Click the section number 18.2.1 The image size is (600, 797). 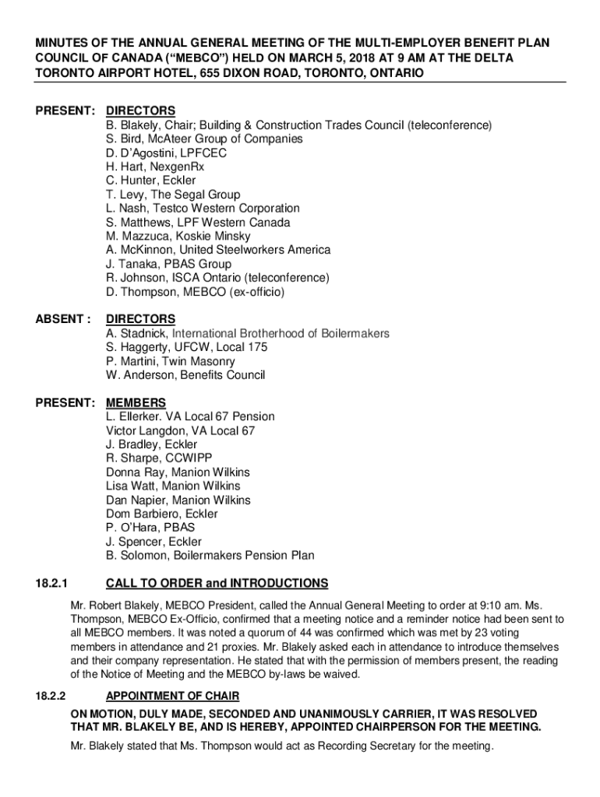51,584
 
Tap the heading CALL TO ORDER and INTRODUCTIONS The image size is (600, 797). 217,584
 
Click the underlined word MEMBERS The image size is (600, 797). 136,402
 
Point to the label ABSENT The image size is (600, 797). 61,319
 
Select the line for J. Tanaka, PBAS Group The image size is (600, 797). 168,264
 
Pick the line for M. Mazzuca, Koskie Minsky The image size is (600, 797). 178,236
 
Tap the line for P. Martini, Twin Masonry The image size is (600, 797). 171,361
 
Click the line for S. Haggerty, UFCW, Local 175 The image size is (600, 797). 186,347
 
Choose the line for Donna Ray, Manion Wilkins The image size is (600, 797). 173,472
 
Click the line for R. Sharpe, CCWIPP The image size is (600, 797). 158,458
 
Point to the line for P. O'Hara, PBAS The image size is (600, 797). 150,528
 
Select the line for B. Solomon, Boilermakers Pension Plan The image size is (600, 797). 210,556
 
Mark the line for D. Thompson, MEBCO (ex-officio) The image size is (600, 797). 196,292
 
